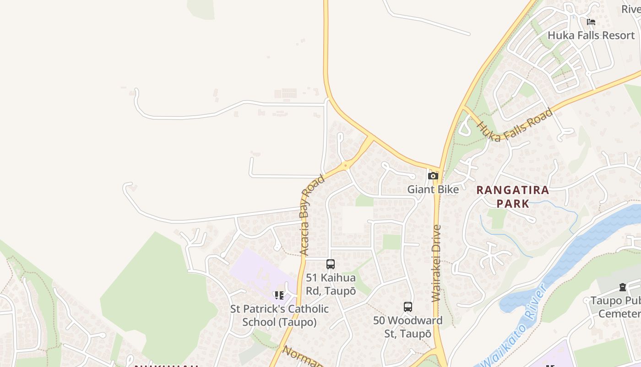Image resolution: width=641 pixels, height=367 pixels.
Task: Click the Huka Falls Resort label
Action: (x=591, y=35)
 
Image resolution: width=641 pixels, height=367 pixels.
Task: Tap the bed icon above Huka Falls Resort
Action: (x=591, y=22)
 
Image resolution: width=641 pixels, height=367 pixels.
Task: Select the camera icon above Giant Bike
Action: (x=433, y=176)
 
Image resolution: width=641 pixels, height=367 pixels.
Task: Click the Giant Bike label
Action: (x=433, y=189)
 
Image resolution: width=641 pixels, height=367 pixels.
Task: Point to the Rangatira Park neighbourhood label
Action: (x=512, y=196)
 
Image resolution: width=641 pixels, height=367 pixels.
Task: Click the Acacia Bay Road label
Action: (x=312, y=215)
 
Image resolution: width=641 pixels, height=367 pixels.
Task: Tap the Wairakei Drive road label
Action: (x=436, y=263)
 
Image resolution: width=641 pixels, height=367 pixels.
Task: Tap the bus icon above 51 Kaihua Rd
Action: (x=330, y=264)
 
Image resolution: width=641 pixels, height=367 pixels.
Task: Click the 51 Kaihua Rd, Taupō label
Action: (x=331, y=284)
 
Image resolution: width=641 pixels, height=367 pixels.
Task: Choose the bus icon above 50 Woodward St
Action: (x=407, y=307)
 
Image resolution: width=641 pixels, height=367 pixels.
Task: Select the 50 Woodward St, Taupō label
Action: (x=407, y=327)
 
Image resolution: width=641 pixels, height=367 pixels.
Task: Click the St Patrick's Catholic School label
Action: (x=279, y=315)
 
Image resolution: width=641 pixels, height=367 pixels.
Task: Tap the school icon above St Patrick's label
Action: (x=279, y=295)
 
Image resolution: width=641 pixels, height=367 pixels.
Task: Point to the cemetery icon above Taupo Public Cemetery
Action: (x=623, y=287)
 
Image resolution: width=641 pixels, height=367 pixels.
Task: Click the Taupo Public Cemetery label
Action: (x=615, y=307)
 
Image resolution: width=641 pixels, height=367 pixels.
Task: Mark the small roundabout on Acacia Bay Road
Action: (x=346, y=165)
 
